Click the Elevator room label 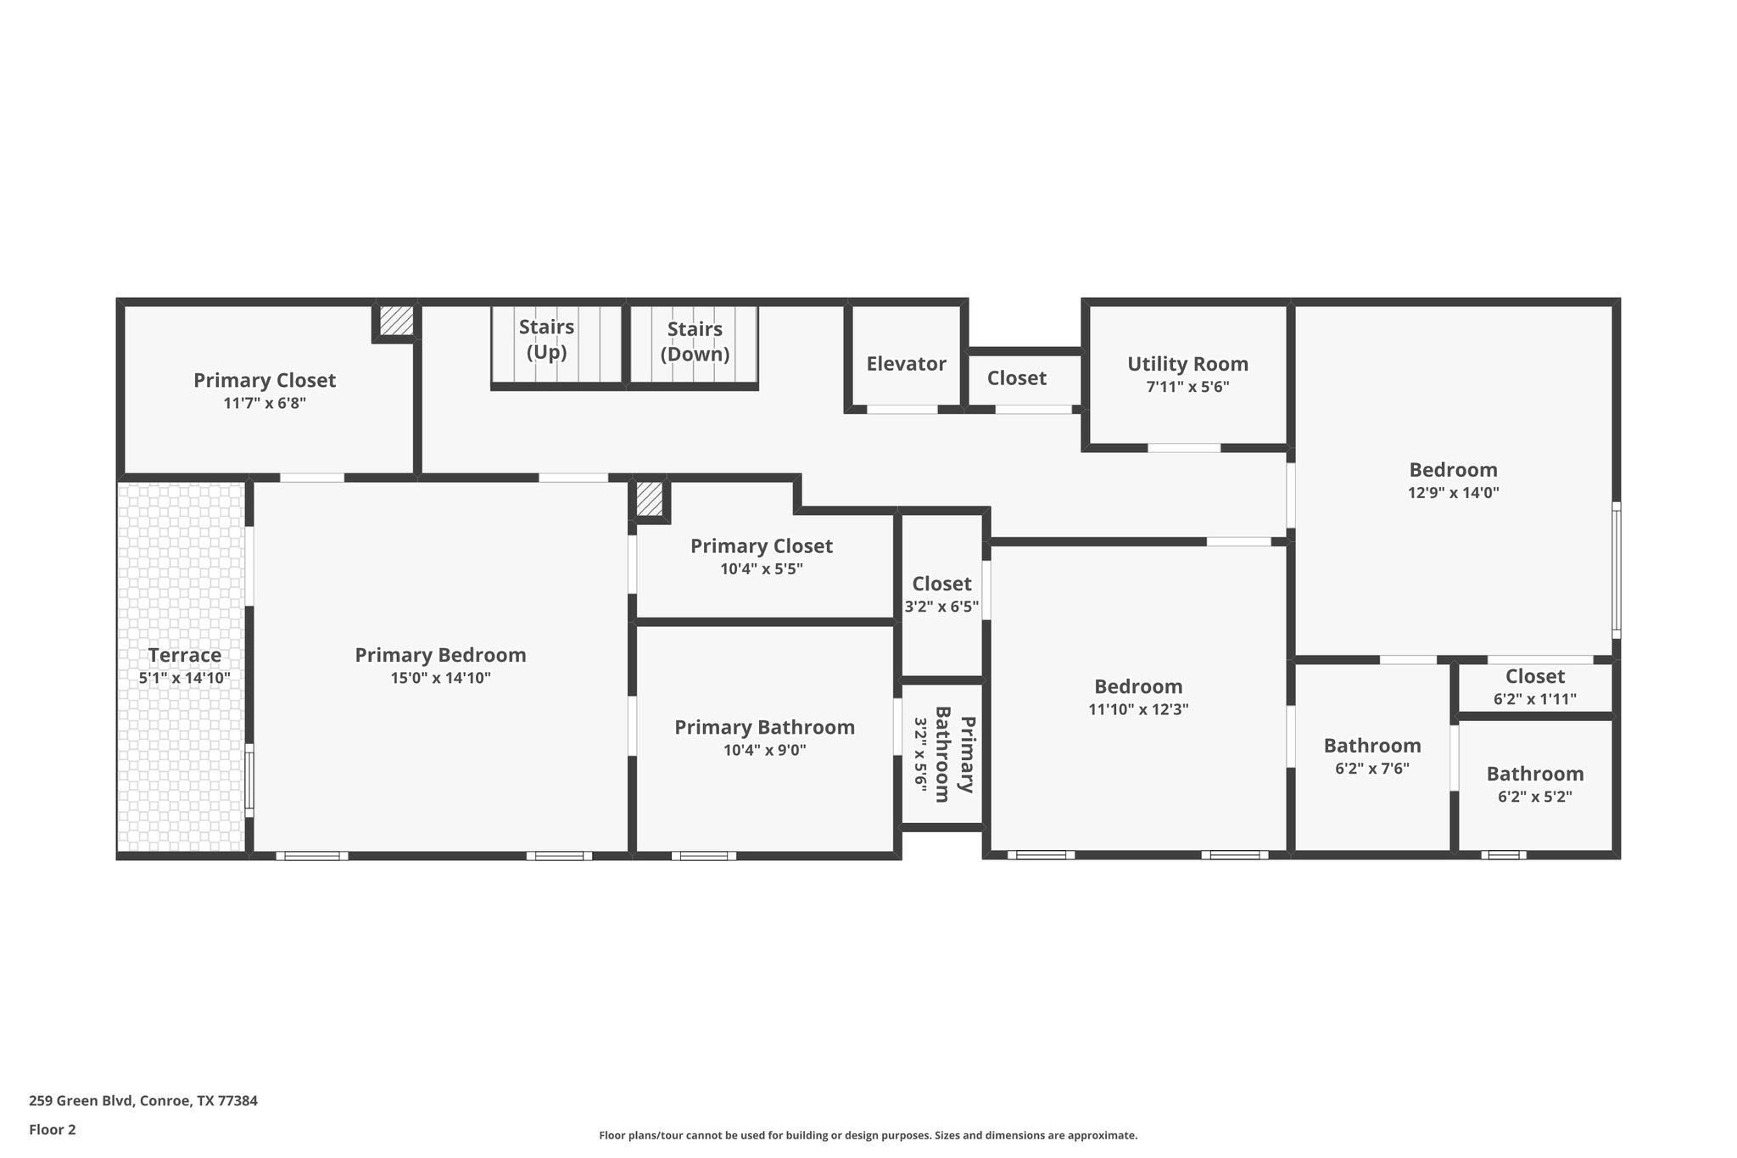906,364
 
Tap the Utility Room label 1187,364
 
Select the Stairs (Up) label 546,339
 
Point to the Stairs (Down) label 695,342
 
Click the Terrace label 185,655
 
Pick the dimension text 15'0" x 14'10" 440,678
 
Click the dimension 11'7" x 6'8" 265,403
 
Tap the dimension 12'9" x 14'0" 1454,492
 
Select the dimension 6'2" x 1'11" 1535,699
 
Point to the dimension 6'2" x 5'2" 1535,797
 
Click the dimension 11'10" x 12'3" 1138,709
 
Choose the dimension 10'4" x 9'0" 765,750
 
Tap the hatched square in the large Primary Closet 396,321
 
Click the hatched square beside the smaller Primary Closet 650,499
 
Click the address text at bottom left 143,1101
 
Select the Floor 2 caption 53,1130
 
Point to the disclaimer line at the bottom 868,1136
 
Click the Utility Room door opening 1184,447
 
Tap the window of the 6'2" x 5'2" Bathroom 1504,855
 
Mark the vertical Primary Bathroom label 942,753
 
